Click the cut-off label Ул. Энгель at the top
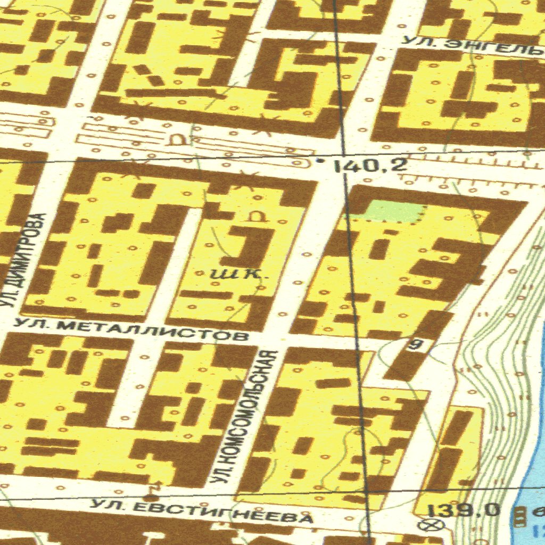coord(471,47)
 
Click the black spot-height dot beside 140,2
coord(319,160)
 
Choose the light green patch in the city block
coord(394,211)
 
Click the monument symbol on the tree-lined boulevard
coord(176,139)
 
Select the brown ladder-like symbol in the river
coord(519,514)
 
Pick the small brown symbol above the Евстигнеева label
coord(155,486)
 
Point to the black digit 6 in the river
coord(538,512)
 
